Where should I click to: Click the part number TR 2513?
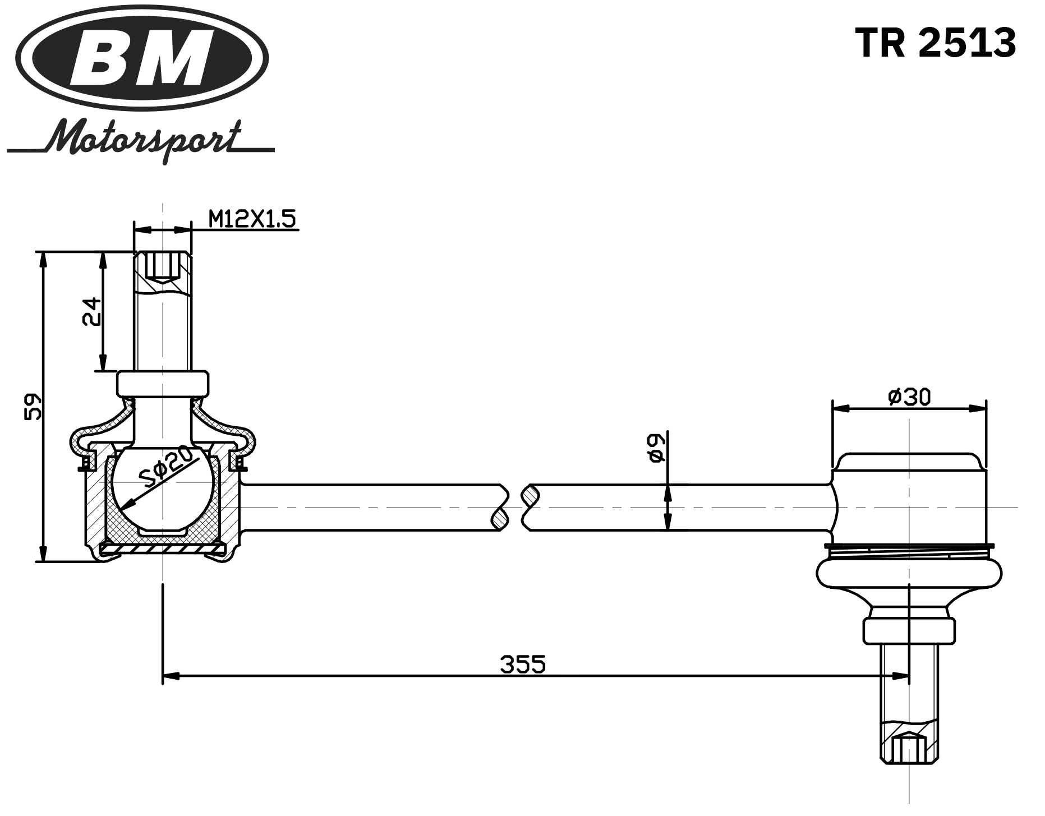point(935,43)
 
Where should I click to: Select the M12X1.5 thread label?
point(252,219)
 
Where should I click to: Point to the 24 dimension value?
point(91,311)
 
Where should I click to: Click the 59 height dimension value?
point(33,406)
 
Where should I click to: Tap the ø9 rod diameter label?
point(656,448)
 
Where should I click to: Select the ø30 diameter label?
point(909,397)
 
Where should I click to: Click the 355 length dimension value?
point(522,665)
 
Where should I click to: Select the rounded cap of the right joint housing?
point(909,463)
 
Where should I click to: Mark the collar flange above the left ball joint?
point(162,384)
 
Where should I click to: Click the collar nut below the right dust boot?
point(909,630)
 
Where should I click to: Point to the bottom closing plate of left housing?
point(162,548)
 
